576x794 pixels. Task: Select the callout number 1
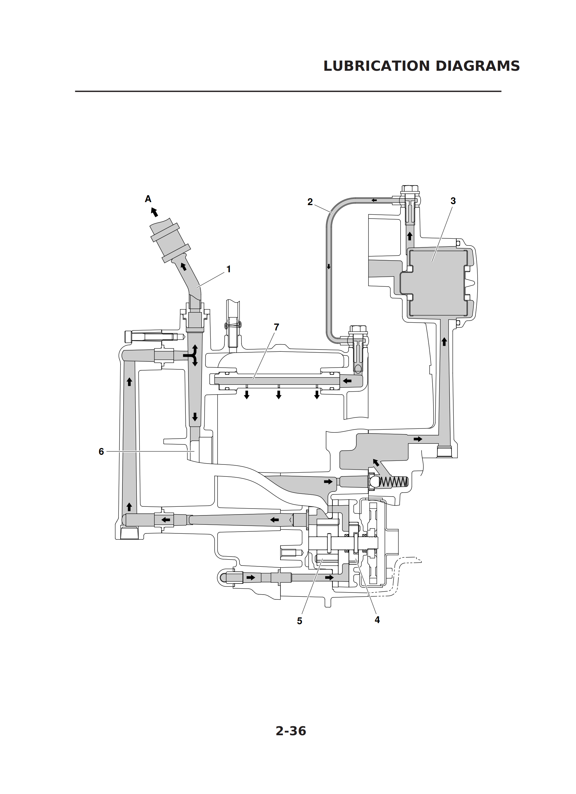click(228, 269)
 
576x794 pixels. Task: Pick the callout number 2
click(310, 202)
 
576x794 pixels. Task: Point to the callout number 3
click(453, 201)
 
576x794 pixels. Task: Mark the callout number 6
click(101, 452)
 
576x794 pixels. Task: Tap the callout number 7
click(276, 327)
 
